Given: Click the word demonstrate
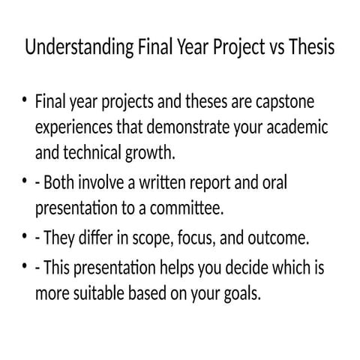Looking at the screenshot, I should [x=148, y=127].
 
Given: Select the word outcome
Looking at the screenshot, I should [x=277, y=238].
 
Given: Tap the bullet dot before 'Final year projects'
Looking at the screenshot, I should [x=25, y=101].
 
